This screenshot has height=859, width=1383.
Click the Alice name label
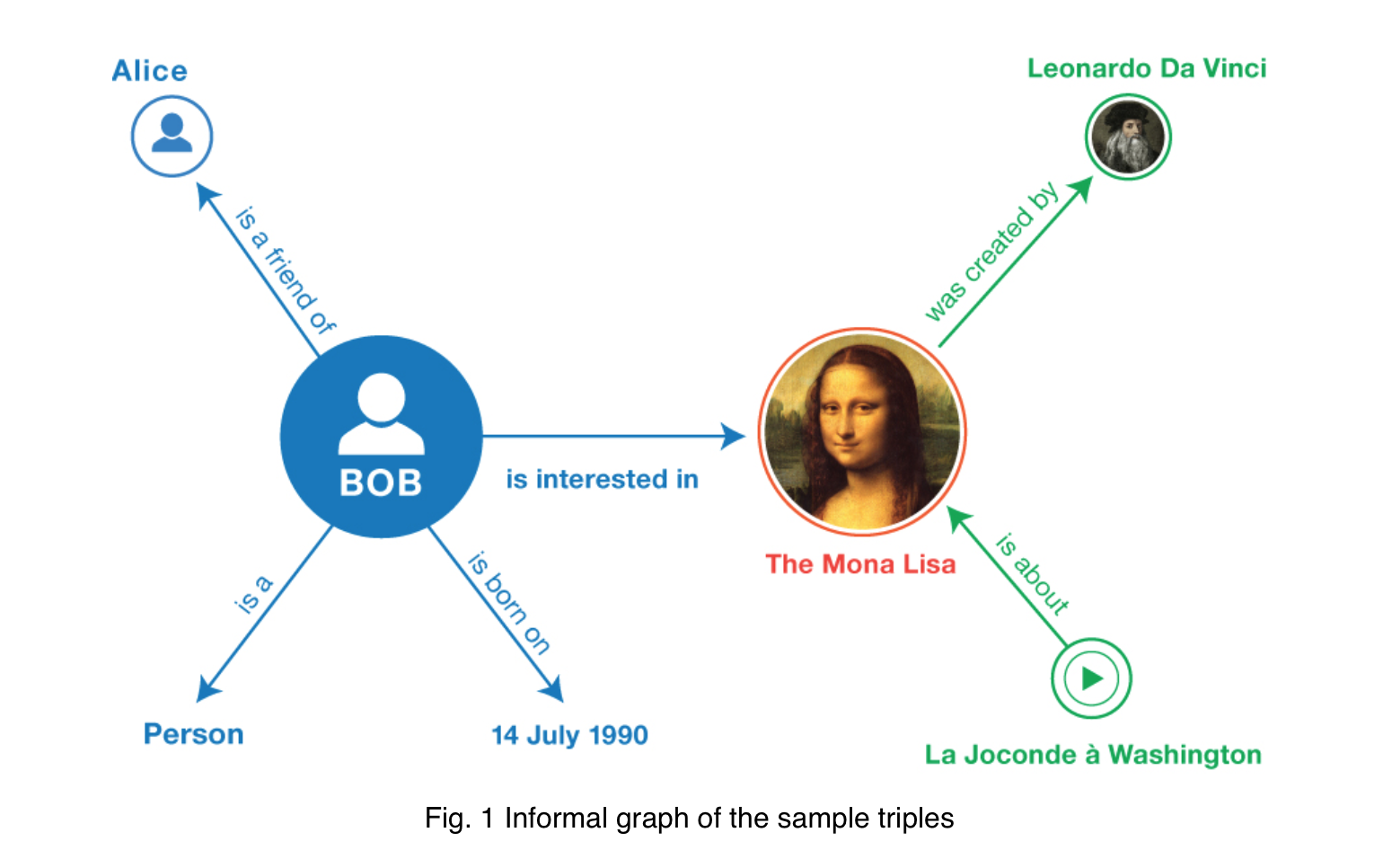[x=150, y=71]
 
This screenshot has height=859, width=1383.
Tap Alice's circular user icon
[x=172, y=137]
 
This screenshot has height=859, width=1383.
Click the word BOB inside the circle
[x=381, y=483]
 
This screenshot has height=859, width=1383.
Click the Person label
[x=194, y=734]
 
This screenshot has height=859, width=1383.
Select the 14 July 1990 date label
[x=569, y=735]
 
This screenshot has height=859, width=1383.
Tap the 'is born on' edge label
[x=508, y=603]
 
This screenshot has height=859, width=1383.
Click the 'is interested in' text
[x=602, y=479]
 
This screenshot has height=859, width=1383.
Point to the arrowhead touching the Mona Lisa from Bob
[x=735, y=437]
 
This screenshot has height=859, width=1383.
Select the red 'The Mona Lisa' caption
[x=860, y=564]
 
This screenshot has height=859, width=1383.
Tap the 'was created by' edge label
[x=991, y=252]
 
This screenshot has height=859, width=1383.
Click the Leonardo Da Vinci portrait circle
[x=1128, y=137]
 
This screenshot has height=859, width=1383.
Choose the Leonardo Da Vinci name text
[x=1147, y=69]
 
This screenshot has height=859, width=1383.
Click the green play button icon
[x=1091, y=678]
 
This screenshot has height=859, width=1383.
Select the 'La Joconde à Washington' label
[x=1093, y=755]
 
